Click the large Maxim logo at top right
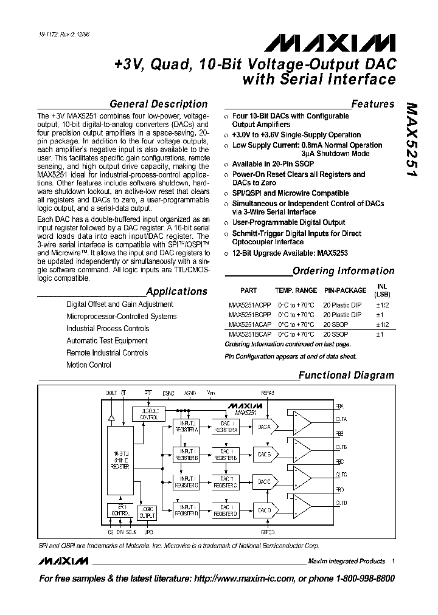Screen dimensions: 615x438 tap(328, 43)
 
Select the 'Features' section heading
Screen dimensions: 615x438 tap(373, 104)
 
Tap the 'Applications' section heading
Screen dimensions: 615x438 tap(177, 291)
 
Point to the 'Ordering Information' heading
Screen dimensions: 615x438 tap(343, 271)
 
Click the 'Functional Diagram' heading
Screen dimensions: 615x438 tap(346, 376)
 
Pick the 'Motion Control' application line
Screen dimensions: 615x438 tap(89, 365)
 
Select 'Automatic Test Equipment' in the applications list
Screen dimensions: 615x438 tap(107, 341)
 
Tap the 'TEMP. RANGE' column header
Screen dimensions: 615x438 tap(296, 290)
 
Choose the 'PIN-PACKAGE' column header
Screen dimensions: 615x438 tap(345, 290)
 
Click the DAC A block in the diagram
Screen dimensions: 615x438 tap(264, 427)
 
